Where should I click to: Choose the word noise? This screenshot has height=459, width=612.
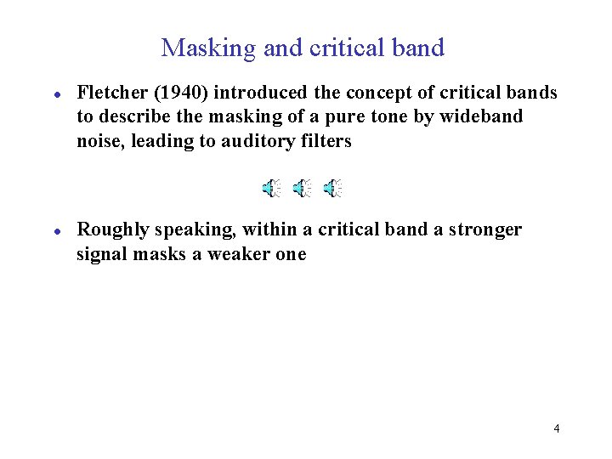[99, 141]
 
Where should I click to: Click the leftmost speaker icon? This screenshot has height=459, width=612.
[271, 189]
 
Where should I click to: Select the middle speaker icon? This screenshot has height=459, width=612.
[303, 189]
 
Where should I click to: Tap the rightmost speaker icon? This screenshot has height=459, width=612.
[334, 189]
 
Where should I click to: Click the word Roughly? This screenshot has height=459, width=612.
[112, 229]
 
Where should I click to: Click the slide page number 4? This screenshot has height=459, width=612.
[556, 428]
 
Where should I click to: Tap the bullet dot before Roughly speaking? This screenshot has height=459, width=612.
[55, 230]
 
